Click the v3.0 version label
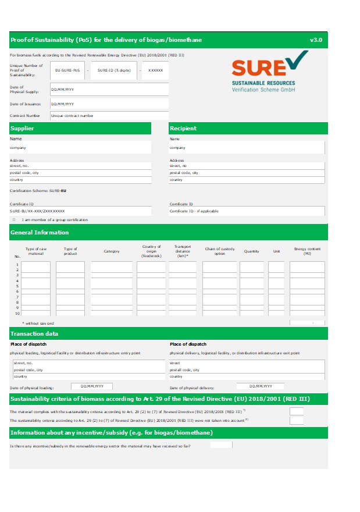click(316, 40)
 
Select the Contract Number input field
click(109, 115)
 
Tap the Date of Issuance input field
click(109, 104)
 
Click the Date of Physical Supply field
click(109, 90)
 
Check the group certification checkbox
click(14, 220)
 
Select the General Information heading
click(40, 233)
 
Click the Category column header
click(112, 251)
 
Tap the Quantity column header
click(251, 251)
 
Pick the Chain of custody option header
click(219, 251)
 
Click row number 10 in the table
click(17, 314)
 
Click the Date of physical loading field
click(92, 386)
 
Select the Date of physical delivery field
click(260, 386)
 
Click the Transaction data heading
click(34, 334)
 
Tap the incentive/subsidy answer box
click(221, 445)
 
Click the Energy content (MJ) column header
click(307, 251)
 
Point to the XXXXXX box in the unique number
click(155, 70)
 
